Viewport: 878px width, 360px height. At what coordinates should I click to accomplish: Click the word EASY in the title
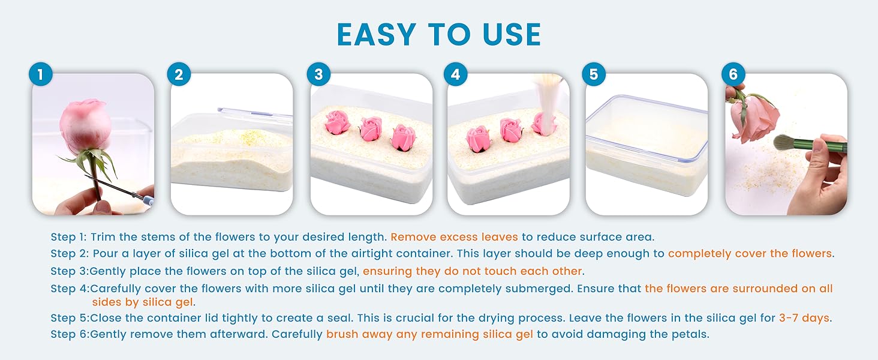click(376, 34)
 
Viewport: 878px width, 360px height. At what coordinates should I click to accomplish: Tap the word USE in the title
click(512, 34)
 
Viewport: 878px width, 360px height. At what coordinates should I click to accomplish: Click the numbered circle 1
click(41, 74)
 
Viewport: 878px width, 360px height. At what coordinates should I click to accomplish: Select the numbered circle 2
click(179, 74)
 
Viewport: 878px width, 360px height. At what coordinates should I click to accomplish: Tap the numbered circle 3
click(318, 74)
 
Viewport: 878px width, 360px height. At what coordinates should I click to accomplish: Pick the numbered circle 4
click(455, 74)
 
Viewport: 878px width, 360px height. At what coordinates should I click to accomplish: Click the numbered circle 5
click(594, 74)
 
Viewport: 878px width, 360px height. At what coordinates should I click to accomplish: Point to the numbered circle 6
click(733, 74)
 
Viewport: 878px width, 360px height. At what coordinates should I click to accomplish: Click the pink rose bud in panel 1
click(83, 125)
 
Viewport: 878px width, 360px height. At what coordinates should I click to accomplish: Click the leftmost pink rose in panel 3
click(338, 122)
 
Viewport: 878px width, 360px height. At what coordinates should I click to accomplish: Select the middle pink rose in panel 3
click(371, 128)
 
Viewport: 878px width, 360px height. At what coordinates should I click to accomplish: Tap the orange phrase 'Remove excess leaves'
click(454, 237)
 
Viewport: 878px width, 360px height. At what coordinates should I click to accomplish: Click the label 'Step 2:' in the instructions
click(70, 254)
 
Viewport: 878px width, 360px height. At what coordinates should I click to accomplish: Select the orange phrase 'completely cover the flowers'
click(750, 254)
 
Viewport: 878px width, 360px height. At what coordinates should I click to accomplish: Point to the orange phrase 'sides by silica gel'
click(143, 302)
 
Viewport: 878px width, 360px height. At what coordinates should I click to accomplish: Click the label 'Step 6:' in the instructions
click(70, 335)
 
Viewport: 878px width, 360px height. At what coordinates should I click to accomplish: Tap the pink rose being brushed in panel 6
click(754, 118)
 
